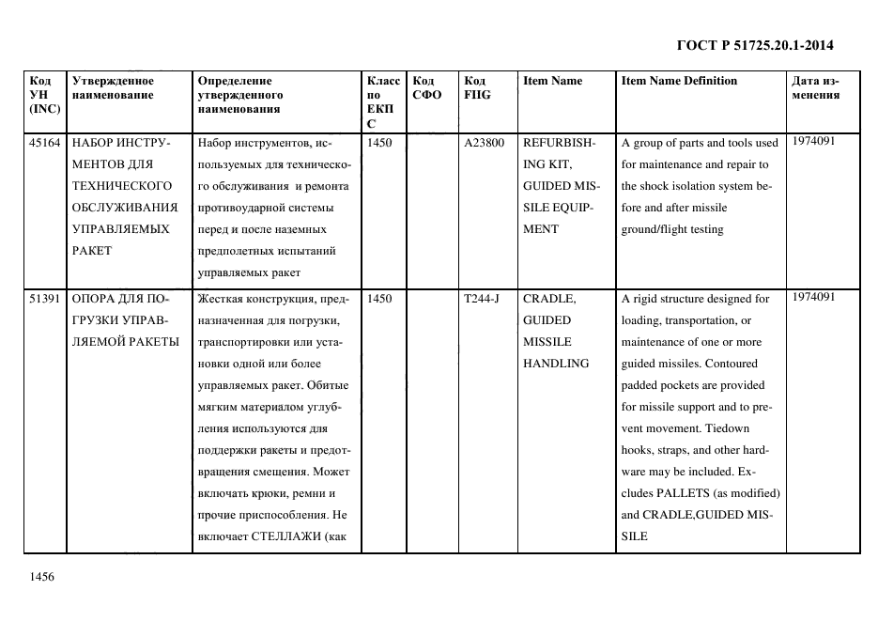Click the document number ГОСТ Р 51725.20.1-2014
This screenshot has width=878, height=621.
point(755,45)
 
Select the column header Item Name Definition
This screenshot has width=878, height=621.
point(679,81)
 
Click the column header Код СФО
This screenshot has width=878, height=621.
point(427,87)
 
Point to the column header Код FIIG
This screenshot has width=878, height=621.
point(477,87)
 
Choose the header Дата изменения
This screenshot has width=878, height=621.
point(815,87)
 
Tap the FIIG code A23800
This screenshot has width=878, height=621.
point(485,144)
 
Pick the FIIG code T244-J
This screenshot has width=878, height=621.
point(482,299)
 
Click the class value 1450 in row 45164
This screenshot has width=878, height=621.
point(380,144)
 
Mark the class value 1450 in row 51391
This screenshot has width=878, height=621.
point(380,299)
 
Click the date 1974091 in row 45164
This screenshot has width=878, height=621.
point(813,141)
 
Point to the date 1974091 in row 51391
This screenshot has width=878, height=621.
point(813,296)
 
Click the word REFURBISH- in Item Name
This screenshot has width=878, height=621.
point(558,144)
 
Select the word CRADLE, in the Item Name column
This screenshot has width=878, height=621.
point(548,299)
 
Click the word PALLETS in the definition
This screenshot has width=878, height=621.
point(690,493)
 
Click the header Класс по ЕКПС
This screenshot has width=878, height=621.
point(383,101)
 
